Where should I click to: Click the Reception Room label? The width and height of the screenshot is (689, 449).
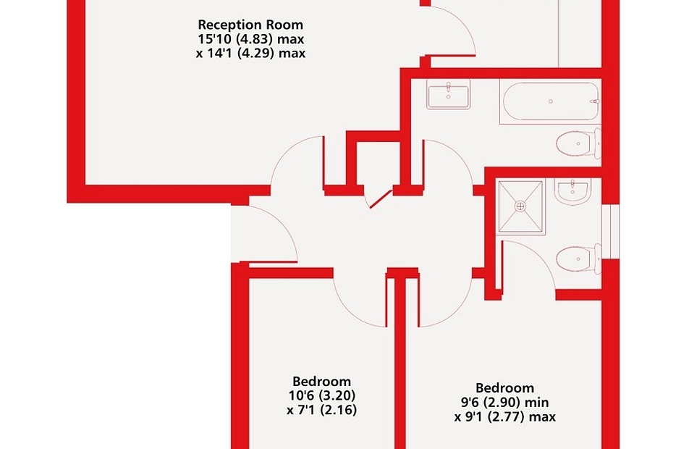[250, 25]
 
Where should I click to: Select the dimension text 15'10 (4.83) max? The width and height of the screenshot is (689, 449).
[250, 39]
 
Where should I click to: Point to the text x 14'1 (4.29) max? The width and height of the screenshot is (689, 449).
[250, 53]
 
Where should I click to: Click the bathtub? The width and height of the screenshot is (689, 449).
[549, 101]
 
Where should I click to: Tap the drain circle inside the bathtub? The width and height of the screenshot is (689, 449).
[551, 101]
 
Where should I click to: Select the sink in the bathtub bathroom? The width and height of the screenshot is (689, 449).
[448, 96]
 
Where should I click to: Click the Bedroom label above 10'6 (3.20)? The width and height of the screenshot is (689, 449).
[322, 382]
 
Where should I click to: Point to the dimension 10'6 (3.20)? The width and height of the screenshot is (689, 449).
[322, 396]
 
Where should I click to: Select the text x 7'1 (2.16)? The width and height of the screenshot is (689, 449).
[322, 411]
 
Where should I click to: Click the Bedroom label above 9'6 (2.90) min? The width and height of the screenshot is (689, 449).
[505, 388]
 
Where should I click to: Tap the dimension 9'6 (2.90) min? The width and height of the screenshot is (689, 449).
[505, 403]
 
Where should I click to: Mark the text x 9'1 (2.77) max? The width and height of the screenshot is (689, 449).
[505, 417]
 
